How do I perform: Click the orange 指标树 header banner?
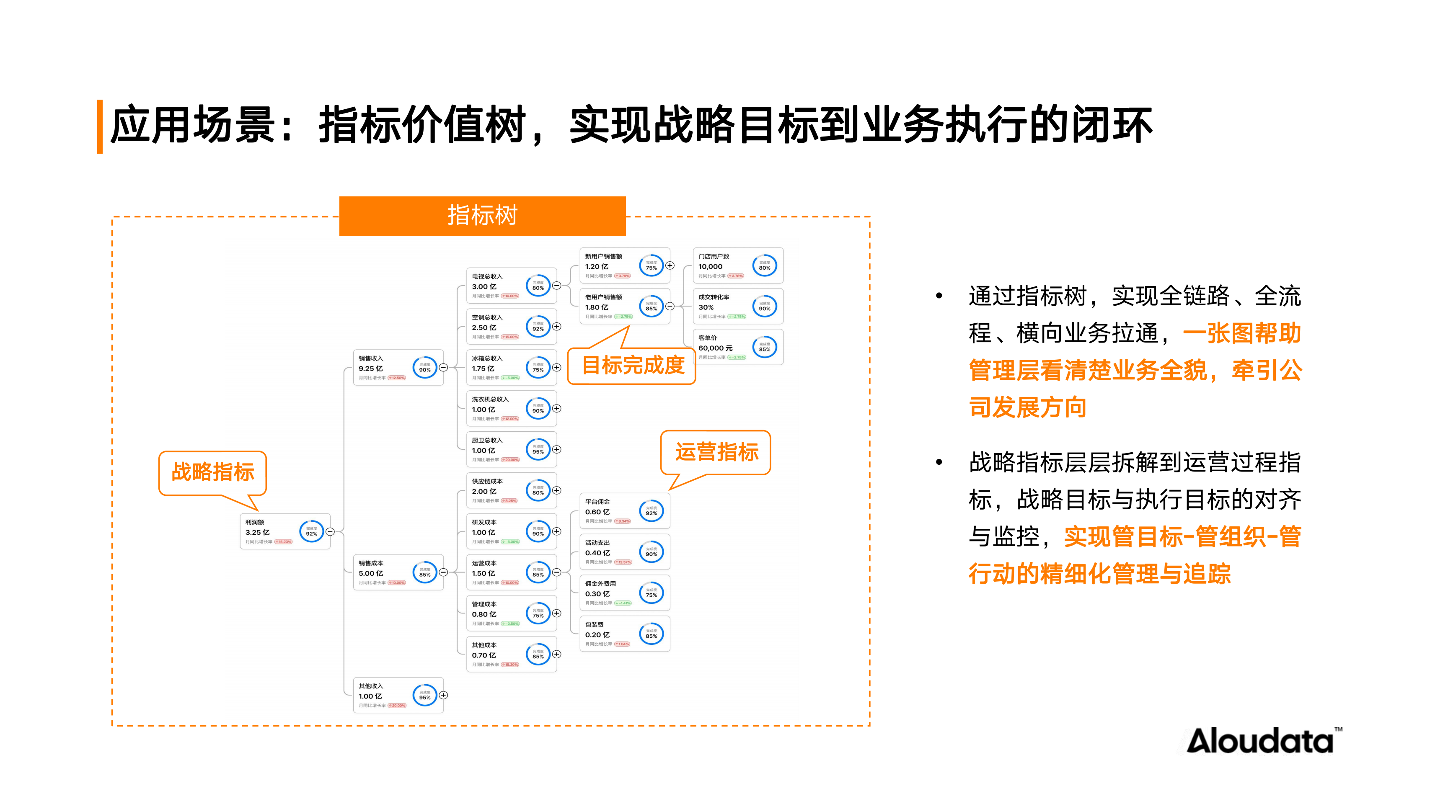tap(482, 216)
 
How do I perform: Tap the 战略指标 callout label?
tap(212, 472)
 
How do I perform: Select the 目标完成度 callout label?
tap(632, 365)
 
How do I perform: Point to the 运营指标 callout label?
tap(716, 452)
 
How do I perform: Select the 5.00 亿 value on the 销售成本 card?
tap(371, 573)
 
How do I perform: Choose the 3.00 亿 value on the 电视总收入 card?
tap(484, 286)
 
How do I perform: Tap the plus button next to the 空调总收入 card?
tap(557, 327)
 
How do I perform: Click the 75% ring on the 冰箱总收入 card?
tap(538, 368)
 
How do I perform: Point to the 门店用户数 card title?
tap(714, 256)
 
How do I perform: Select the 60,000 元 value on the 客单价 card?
tap(715, 348)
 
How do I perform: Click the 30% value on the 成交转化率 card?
tap(706, 307)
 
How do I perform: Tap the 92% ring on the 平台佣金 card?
tap(651, 511)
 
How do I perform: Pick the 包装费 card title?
tap(594, 624)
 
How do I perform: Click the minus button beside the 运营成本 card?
tap(557, 572)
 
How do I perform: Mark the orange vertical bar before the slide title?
tap(100, 126)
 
